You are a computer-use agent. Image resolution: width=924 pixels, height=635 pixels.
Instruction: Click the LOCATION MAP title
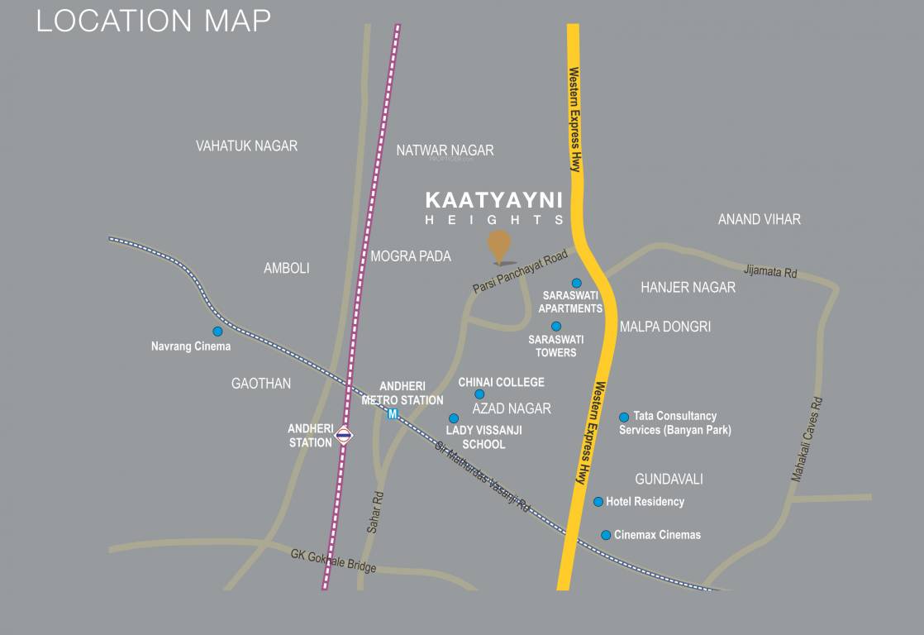point(153,21)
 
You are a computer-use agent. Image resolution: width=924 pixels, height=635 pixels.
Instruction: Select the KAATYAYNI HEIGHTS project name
point(494,208)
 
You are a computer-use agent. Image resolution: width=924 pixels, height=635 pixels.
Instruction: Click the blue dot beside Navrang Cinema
point(217,332)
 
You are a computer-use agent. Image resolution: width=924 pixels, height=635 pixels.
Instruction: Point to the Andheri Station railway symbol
point(345,435)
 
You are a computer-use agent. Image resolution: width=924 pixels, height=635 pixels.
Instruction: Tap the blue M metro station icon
point(393,413)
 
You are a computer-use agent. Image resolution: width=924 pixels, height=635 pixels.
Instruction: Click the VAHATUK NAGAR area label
point(246,146)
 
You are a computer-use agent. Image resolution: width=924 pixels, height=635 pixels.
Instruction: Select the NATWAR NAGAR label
point(445,150)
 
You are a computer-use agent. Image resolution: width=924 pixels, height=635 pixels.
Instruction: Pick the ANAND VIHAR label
point(759,219)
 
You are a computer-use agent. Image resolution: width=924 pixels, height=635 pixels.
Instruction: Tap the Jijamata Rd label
point(769,270)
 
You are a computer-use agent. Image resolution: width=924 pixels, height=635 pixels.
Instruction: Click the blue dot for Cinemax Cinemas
point(606,535)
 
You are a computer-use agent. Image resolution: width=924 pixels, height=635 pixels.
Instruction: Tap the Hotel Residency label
point(645,502)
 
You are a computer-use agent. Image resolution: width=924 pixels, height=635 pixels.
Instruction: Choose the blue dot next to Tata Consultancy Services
point(624,418)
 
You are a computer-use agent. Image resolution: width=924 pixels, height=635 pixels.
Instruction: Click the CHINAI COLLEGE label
point(501,382)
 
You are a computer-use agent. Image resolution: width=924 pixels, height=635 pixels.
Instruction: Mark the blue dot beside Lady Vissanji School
point(453,418)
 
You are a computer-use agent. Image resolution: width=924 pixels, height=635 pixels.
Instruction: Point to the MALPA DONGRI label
point(664,327)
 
